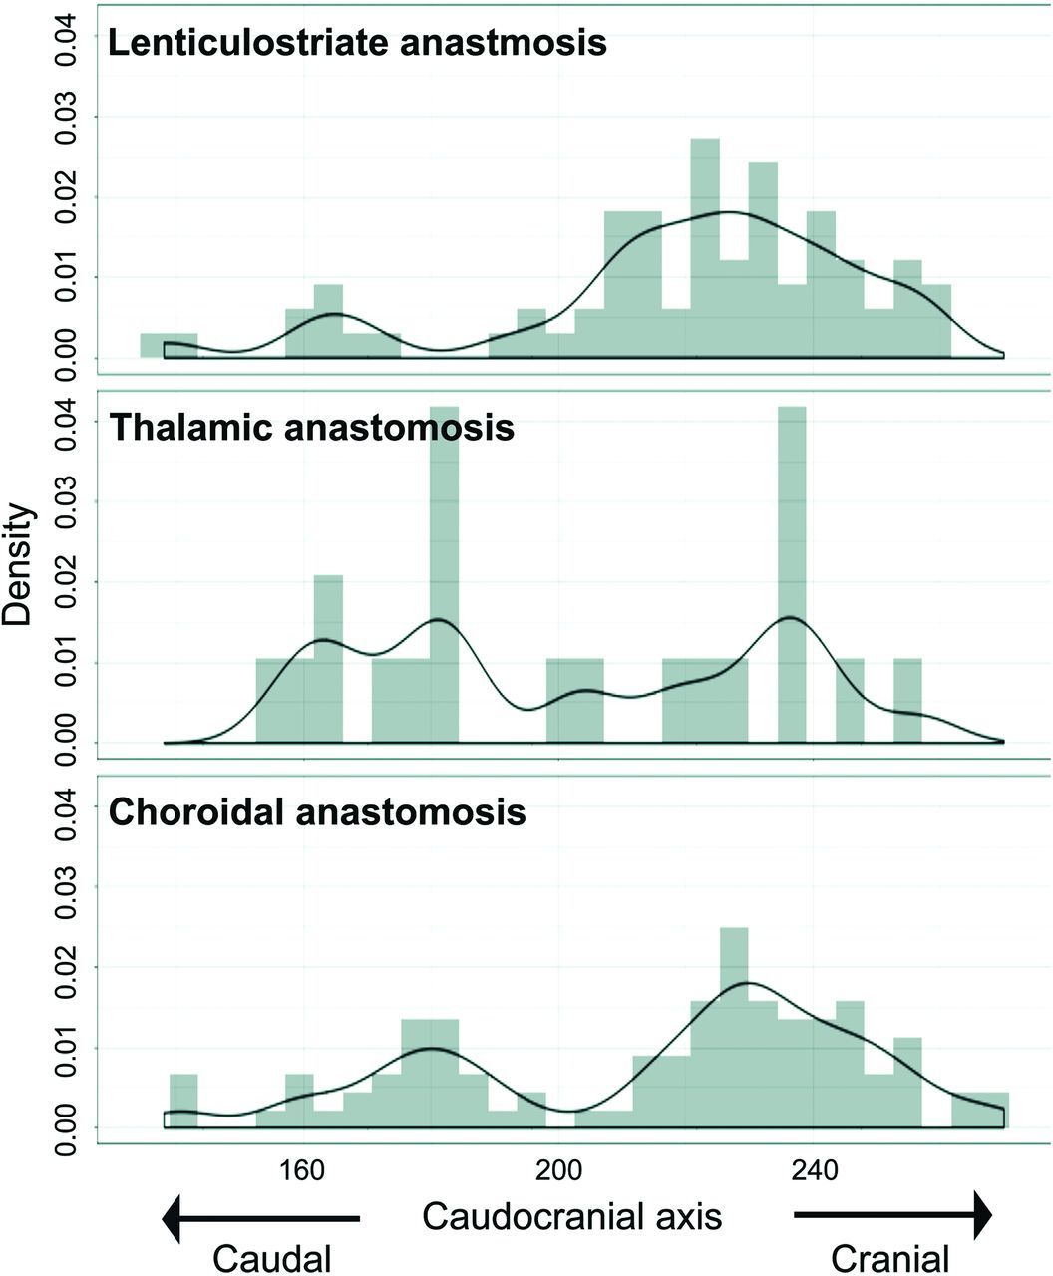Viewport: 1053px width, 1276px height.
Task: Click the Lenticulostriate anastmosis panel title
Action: click(357, 44)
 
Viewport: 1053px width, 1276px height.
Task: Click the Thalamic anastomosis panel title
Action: click(311, 428)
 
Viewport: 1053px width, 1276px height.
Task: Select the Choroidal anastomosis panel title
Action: click(317, 812)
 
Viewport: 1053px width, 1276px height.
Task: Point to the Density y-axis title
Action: click(20, 565)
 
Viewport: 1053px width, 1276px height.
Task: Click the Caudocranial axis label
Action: click(571, 1216)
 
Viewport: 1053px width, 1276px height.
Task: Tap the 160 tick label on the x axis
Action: click(301, 1168)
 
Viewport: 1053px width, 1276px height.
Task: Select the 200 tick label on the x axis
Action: click(559, 1168)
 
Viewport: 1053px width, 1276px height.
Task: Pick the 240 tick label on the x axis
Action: click(816, 1168)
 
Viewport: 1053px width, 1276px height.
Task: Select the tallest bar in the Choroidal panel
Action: click(734, 1027)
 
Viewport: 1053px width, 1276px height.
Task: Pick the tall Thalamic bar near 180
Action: click(445, 578)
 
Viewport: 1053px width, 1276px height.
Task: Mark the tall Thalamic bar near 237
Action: click(792, 578)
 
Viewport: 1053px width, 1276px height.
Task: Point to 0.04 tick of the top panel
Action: click(68, 37)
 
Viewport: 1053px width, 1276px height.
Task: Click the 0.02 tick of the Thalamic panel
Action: click(68, 581)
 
